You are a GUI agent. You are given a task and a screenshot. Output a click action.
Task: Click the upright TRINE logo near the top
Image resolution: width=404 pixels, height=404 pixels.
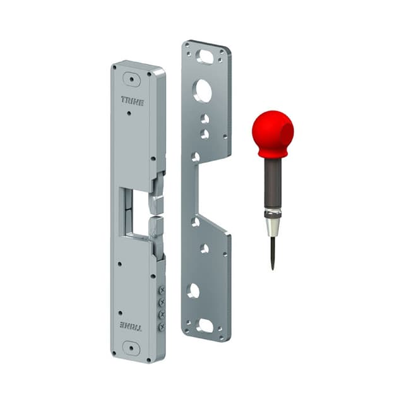click(x=133, y=100)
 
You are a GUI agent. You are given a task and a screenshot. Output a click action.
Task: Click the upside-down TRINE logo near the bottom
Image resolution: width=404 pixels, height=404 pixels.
click(x=131, y=326)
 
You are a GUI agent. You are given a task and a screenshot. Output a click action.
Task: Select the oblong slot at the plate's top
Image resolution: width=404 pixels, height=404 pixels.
click(x=205, y=56)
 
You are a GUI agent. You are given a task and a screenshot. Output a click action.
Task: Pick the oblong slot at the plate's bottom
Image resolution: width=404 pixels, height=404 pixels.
click(x=205, y=326)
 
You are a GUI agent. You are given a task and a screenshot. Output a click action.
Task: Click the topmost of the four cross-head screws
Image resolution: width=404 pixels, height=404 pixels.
click(x=162, y=289)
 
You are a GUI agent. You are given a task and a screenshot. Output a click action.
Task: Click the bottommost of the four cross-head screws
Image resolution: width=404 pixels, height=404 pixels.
click(x=162, y=326)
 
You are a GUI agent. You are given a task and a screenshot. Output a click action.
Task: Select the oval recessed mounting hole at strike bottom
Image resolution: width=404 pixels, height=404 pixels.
click(x=131, y=347)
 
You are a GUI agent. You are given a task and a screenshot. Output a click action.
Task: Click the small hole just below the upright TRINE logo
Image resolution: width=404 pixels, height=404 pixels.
click(x=129, y=114)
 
